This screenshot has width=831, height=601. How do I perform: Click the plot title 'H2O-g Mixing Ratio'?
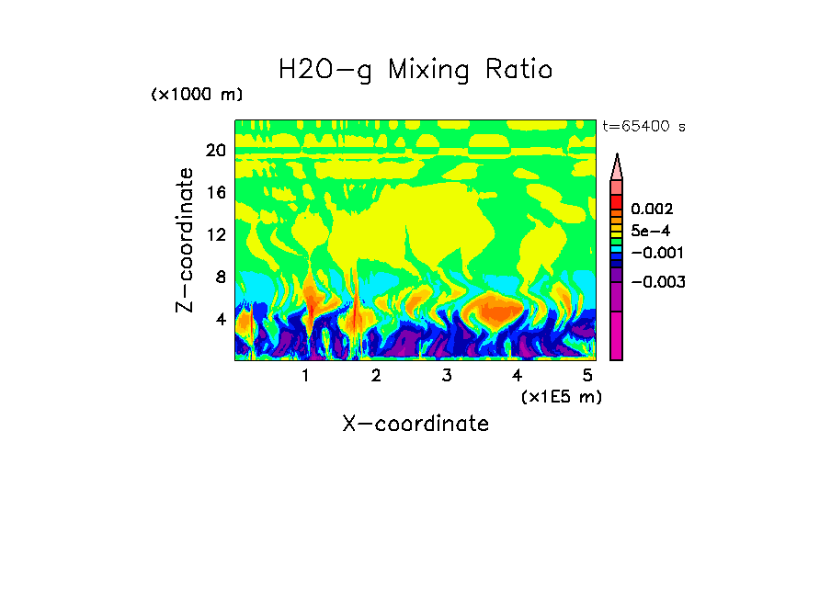click(415, 70)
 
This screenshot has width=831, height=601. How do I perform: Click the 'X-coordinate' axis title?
click(415, 424)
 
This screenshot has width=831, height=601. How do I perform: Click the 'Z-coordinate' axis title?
click(186, 240)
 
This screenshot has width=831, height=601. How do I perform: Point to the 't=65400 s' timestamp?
click(643, 127)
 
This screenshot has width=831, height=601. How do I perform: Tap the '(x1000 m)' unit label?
click(197, 96)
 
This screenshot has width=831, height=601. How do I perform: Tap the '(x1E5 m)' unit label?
click(561, 397)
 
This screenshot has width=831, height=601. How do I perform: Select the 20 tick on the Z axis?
click(215, 151)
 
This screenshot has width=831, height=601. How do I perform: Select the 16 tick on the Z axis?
click(215, 193)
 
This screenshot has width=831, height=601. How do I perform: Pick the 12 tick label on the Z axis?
click(215, 234)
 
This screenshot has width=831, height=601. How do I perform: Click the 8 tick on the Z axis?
click(220, 277)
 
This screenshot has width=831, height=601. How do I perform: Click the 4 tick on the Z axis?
click(220, 319)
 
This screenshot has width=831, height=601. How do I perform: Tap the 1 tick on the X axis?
click(305, 376)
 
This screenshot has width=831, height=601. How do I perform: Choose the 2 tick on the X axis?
click(376, 376)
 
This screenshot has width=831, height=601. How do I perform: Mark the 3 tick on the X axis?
click(447, 376)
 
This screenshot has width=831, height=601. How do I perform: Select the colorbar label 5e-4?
click(650, 232)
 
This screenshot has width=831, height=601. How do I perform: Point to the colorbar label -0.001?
click(655, 253)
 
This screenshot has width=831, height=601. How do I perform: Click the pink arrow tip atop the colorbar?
click(616, 165)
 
